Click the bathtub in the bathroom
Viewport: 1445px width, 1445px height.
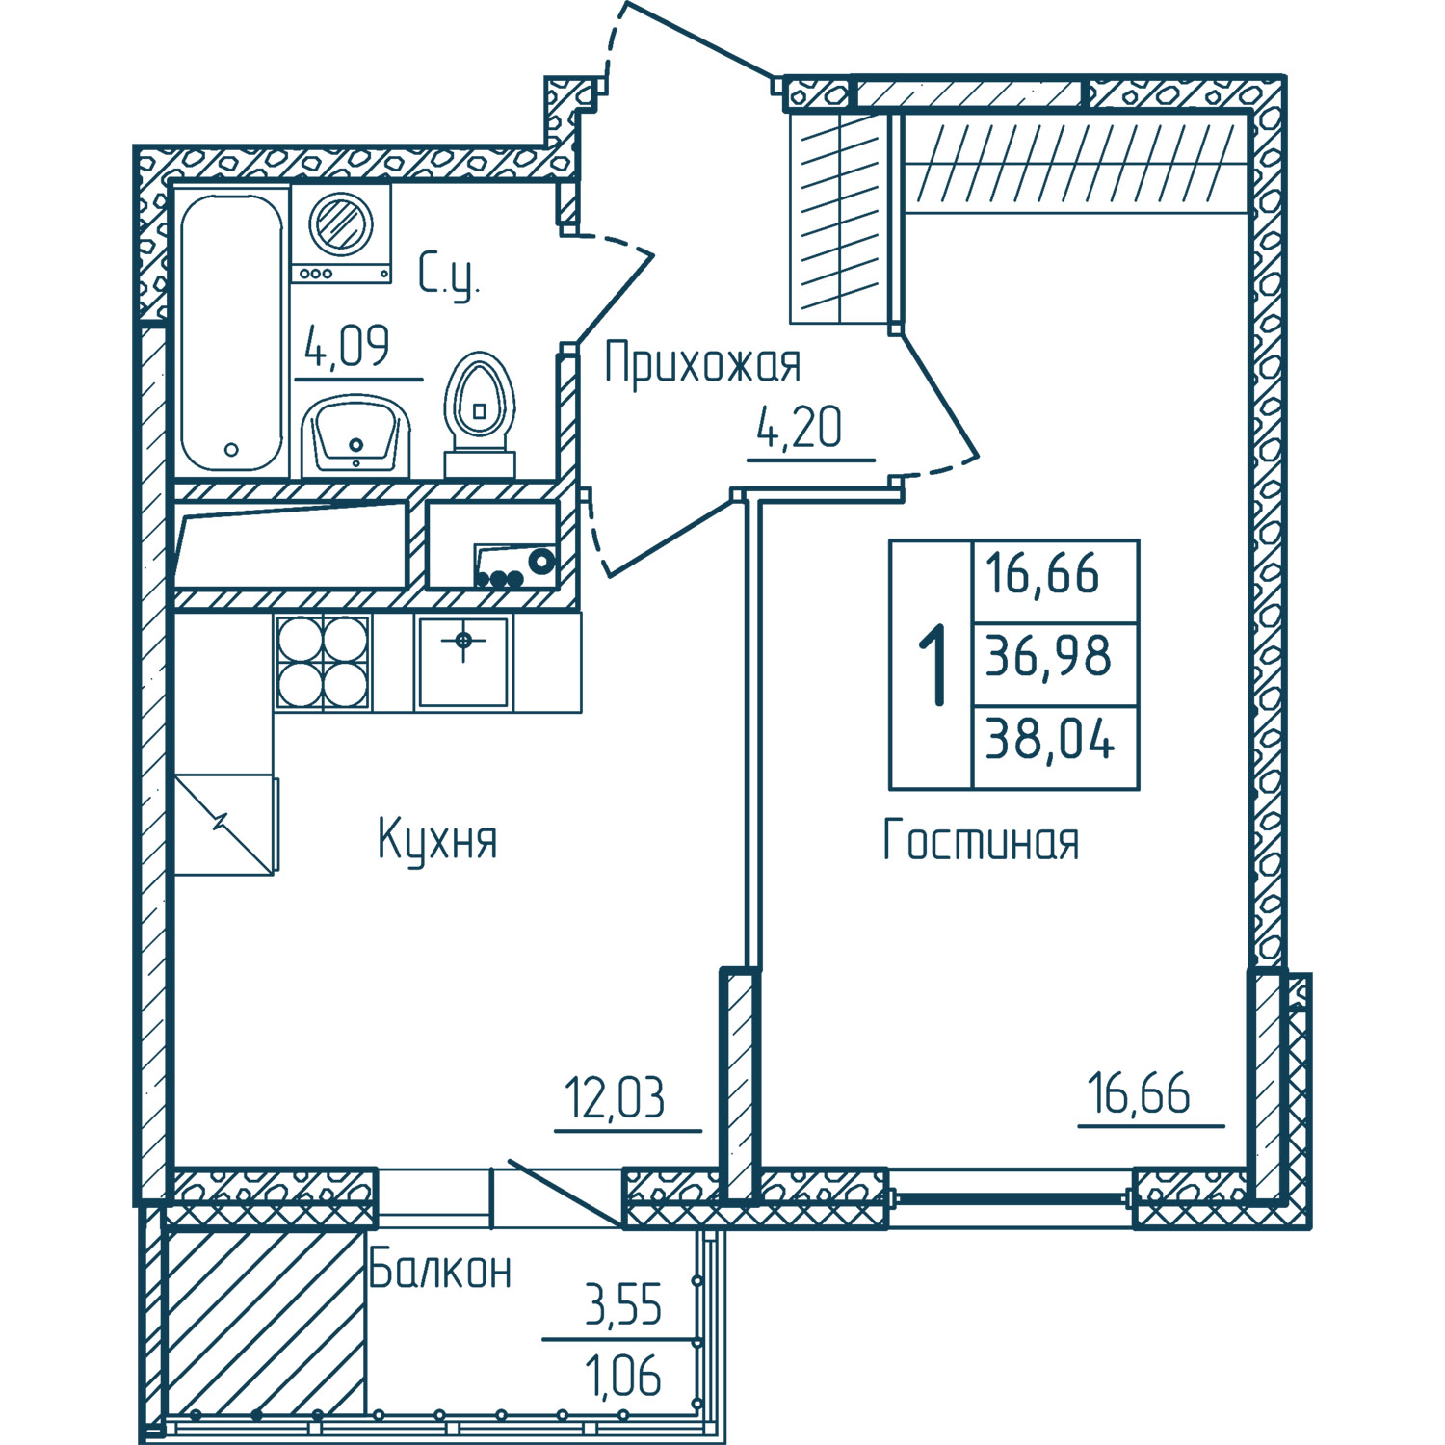coord(231,332)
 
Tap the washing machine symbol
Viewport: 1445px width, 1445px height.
coord(341,232)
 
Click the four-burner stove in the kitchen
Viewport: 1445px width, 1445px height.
coord(323,662)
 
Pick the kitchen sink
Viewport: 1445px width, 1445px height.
coord(463,662)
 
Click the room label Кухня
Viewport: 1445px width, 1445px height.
coord(437,839)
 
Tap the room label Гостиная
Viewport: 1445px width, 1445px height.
coord(981,840)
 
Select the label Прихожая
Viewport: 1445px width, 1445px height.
coord(702,364)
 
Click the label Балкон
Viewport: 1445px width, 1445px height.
coord(440,1270)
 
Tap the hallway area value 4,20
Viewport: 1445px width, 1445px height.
coord(800,429)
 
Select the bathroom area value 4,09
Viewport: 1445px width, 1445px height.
coord(347,347)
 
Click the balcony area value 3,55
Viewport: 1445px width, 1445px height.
coord(624,1306)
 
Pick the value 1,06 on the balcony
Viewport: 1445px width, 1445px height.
coord(624,1375)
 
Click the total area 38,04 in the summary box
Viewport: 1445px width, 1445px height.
coord(1050,742)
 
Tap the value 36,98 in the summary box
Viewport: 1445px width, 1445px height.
coord(1049,657)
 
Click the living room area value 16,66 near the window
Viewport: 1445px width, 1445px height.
coord(1140,1095)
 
